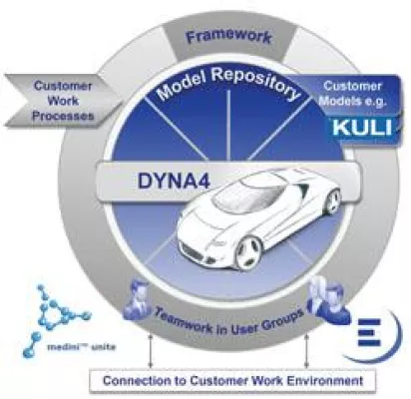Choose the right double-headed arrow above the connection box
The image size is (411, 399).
pos(308,351)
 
